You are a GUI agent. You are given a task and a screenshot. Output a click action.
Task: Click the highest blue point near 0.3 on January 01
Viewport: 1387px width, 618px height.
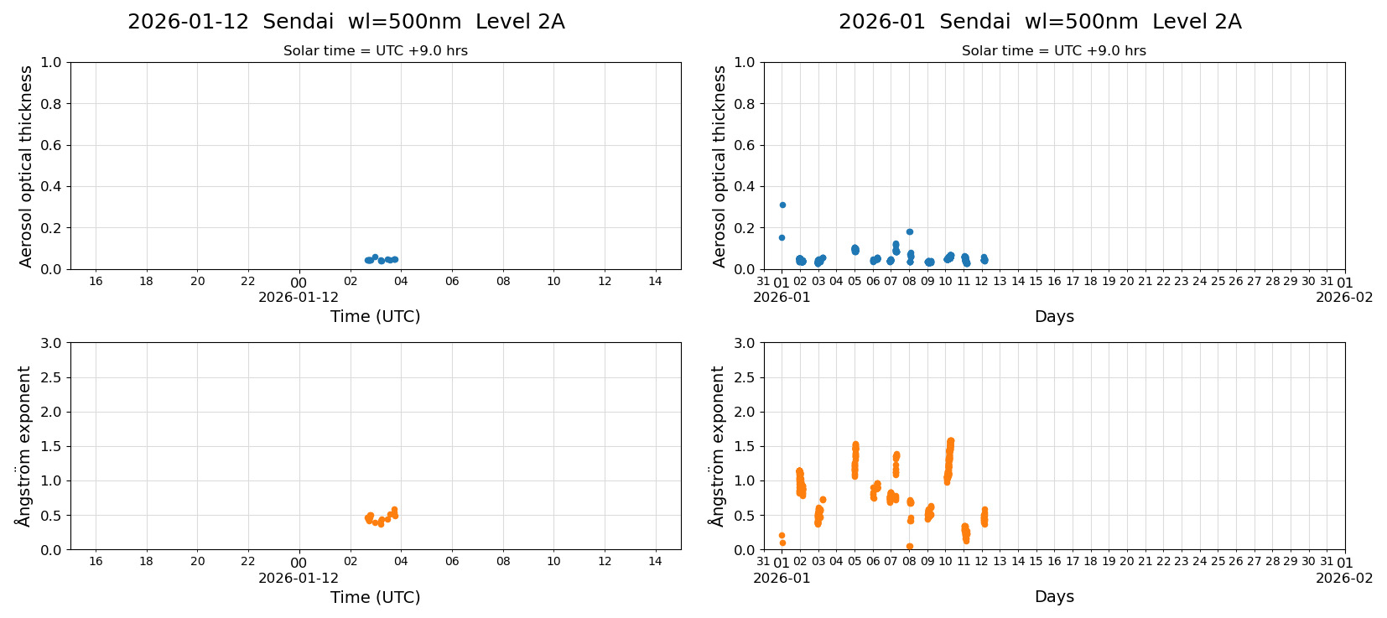[x=782, y=205]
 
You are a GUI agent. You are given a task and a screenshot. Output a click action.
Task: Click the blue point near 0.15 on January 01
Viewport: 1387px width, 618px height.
[x=782, y=237]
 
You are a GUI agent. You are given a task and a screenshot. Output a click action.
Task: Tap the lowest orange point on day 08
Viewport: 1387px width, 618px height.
[x=909, y=546]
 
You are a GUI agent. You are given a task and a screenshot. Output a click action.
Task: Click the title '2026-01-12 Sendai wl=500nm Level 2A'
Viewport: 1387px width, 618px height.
[x=345, y=23]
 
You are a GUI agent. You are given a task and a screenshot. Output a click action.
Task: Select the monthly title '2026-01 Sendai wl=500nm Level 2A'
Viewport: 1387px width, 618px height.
[x=1040, y=23]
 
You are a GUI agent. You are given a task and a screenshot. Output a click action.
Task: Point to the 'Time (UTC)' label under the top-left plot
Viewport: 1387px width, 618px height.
[x=375, y=316]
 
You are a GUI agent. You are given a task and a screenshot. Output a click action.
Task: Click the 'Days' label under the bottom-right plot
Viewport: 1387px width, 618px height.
[x=1053, y=596]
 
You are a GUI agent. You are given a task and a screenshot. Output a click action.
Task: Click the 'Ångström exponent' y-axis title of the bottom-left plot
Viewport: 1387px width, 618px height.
[x=24, y=445]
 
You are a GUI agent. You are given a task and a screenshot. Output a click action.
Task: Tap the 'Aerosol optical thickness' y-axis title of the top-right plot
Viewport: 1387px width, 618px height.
[x=719, y=166]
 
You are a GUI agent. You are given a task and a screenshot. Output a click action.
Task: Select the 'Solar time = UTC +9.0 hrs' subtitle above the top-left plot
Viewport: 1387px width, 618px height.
[x=375, y=51]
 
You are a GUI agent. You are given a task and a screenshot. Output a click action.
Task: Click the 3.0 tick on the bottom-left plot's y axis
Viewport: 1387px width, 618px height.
[x=51, y=343]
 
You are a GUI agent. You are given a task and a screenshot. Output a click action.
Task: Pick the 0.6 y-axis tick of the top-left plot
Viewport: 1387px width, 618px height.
[x=51, y=145]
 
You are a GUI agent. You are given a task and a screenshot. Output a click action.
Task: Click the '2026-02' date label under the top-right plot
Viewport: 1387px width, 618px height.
[x=1344, y=297]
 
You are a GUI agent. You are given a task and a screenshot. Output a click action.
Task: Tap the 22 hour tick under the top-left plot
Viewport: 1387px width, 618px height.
[x=248, y=281]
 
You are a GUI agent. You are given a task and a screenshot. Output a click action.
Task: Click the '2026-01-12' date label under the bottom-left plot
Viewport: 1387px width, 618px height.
[x=299, y=578]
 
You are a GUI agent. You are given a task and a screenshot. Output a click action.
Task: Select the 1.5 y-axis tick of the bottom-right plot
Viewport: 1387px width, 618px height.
[x=745, y=446]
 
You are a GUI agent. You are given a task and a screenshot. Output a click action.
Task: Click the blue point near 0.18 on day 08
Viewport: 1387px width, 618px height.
[x=909, y=231]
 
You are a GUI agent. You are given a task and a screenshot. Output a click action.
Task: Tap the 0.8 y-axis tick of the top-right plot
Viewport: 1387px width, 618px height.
[x=745, y=104]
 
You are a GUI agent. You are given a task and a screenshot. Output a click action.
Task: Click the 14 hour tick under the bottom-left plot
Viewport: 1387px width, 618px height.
[x=655, y=562]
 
